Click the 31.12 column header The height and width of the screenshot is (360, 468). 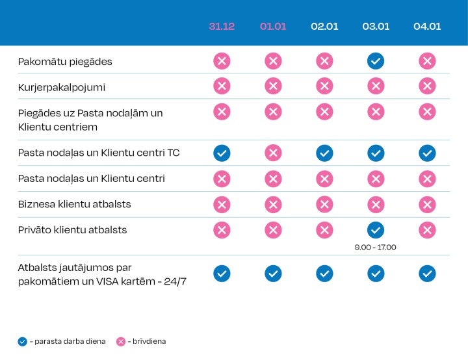(222, 27)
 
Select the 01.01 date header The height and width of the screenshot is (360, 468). (273, 27)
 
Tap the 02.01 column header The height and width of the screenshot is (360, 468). (324, 27)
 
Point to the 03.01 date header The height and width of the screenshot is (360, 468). (376, 27)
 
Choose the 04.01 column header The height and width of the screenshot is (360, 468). (427, 27)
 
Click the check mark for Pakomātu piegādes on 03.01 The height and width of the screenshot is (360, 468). (376, 61)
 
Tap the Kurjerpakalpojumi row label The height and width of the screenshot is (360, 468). (62, 86)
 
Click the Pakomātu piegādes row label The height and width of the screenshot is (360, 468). (65, 62)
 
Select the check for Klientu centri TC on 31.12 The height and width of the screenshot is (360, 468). (222, 153)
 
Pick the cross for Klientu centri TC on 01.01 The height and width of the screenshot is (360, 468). (273, 153)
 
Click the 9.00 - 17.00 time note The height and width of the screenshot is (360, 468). (376, 247)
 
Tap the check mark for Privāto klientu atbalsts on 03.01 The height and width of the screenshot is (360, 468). (376, 230)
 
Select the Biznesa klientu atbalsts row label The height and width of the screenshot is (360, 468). (75, 204)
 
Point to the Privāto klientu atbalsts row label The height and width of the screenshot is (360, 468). (72, 230)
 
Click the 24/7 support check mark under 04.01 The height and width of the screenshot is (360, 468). (427, 274)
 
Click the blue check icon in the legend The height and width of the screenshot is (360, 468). (23, 341)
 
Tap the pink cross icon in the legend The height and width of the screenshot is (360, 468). (120, 341)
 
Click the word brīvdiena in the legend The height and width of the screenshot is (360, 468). (149, 341)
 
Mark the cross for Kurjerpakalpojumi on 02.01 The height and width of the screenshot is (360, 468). (324, 86)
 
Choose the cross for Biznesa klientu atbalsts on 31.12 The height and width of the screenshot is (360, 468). (222, 204)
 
